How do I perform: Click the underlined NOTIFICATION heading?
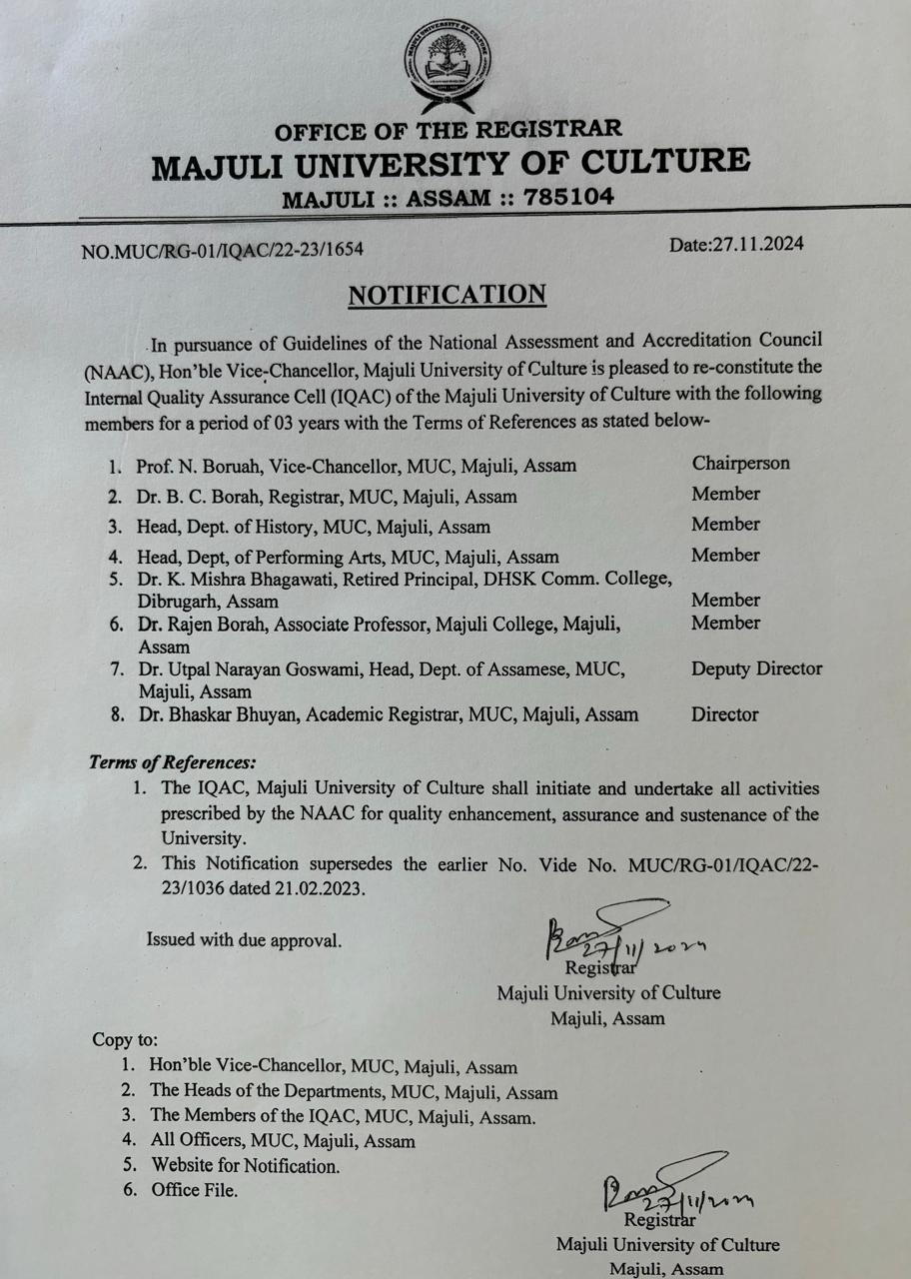point(447,295)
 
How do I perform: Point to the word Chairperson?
point(740,464)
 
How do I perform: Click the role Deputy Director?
point(756,668)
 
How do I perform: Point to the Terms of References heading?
point(172,762)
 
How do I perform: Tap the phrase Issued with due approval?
point(244,940)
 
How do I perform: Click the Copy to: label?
point(125,1039)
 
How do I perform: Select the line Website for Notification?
point(245,1165)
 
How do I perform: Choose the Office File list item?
point(195,1190)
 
